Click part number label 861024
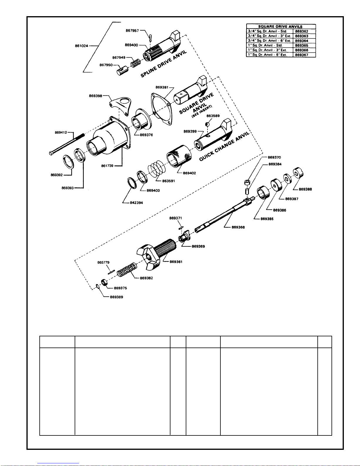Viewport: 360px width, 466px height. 81,46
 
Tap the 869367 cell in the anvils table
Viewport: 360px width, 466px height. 302,55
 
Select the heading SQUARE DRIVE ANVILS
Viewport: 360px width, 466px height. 280,26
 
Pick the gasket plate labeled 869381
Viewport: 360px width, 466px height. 162,109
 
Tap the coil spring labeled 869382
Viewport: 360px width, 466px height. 127,270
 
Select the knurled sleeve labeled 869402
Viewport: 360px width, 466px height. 179,156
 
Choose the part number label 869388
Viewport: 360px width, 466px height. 305,189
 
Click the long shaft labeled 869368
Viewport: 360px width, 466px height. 225,215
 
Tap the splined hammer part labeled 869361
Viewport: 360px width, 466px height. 156,253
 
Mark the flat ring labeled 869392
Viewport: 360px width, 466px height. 68,162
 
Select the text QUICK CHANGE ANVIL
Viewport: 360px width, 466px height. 224,146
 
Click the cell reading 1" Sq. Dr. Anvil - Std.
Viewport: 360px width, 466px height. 265,45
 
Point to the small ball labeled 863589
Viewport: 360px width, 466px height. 207,124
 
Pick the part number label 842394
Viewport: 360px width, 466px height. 136,203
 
